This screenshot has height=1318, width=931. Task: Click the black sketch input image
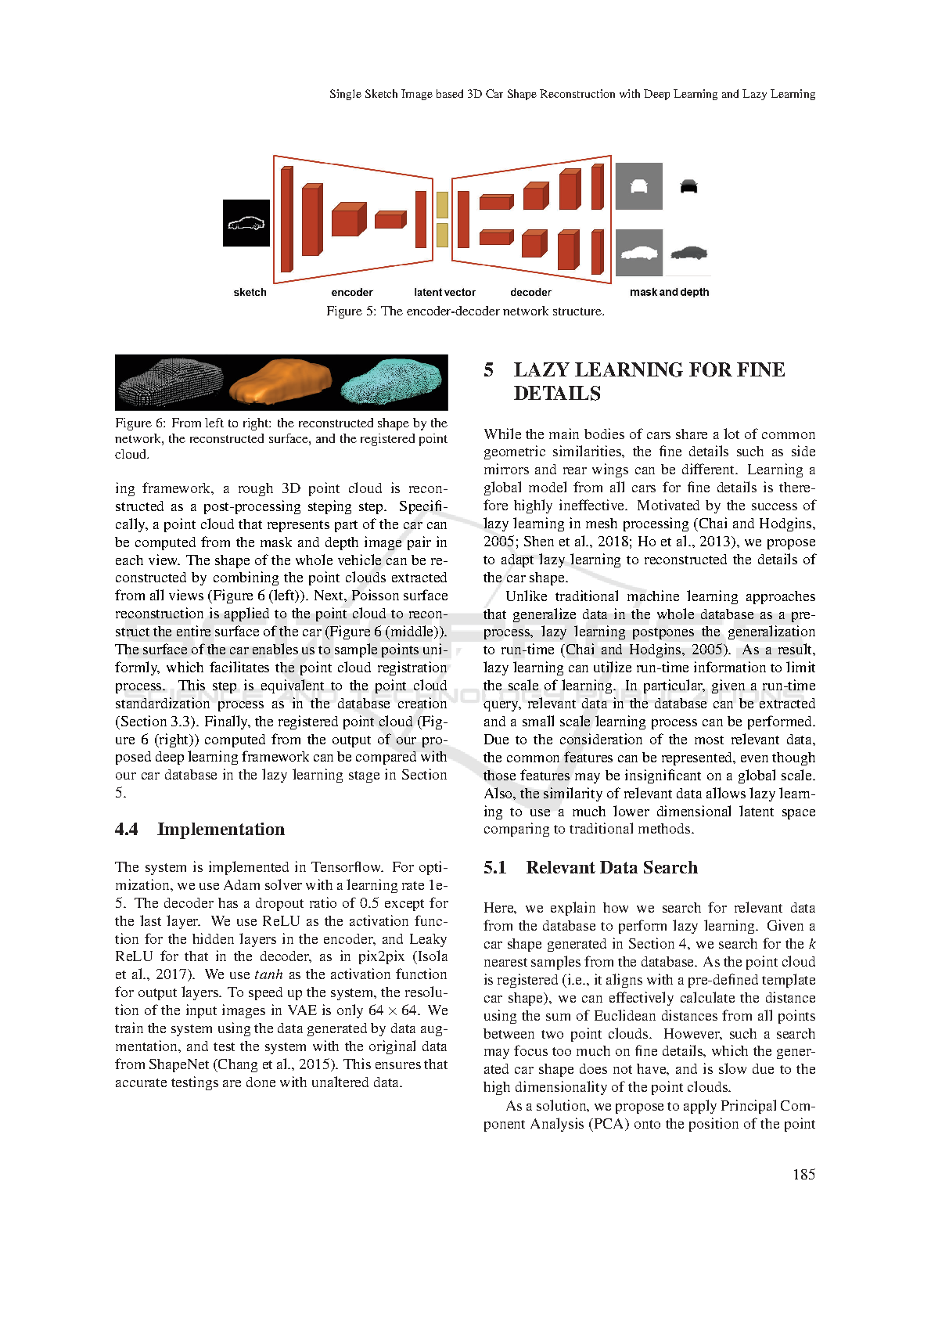[x=246, y=223]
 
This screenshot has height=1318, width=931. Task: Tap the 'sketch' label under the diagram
[x=250, y=293]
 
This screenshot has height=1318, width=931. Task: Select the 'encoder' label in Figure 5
[x=352, y=293]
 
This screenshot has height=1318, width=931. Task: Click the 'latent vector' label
[x=444, y=293]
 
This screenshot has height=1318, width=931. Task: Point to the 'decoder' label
[x=530, y=293]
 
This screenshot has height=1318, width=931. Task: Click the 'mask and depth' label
[x=669, y=293]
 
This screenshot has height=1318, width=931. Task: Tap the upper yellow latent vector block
[x=442, y=204]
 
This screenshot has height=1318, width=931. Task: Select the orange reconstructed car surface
[x=280, y=382]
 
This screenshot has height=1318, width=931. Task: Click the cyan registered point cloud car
[x=391, y=381]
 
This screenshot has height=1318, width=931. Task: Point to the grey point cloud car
[x=171, y=383]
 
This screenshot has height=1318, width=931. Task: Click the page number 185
[x=804, y=1175]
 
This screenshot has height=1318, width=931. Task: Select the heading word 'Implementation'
[x=221, y=829]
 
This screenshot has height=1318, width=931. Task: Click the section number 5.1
[x=494, y=867]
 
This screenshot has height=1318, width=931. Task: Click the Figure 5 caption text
[x=465, y=311]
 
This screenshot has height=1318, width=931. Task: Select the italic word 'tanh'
[x=269, y=974]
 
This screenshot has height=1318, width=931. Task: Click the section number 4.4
[x=127, y=829]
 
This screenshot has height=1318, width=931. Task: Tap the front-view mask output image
[x=638, y=186]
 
